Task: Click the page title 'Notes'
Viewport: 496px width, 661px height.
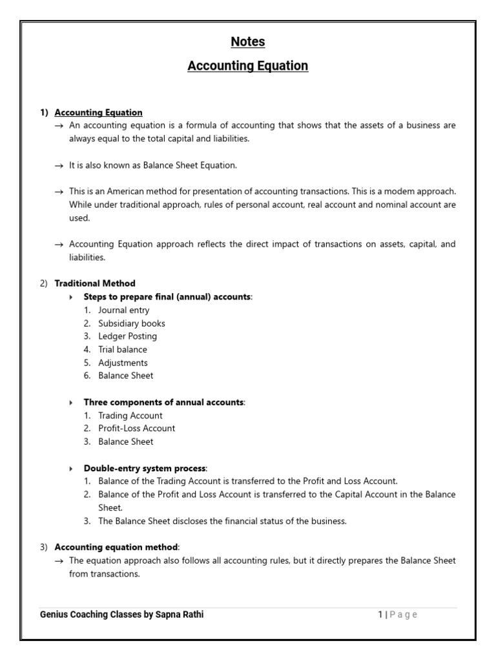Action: point(248,42)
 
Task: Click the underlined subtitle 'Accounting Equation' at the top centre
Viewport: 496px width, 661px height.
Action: point(248,66)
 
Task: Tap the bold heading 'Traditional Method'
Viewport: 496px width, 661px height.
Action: point(95,283)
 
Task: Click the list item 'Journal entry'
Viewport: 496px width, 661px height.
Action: point(123,310)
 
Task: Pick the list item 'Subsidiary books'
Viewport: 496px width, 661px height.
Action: point(131,323)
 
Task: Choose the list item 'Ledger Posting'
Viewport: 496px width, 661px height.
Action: point(127,336)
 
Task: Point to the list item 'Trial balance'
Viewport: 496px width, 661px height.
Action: point(122,349)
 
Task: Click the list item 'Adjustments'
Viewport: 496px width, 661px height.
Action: point(123,363)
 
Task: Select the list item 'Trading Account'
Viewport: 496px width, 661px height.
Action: point(130,416)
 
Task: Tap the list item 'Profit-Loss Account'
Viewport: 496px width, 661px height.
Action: point(136,428)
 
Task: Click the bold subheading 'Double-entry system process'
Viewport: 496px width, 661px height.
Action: point(145,468)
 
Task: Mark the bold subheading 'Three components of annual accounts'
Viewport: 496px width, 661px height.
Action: point(163,402)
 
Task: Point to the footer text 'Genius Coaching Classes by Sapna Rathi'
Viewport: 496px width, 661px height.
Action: point(122,615)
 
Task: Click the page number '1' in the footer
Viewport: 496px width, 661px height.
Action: point(380,615)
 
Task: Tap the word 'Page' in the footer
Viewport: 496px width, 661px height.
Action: point(404,615)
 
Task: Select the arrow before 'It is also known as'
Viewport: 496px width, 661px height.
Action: point(59,166)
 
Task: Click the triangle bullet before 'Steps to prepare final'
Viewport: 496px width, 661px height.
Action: point(71,297)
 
